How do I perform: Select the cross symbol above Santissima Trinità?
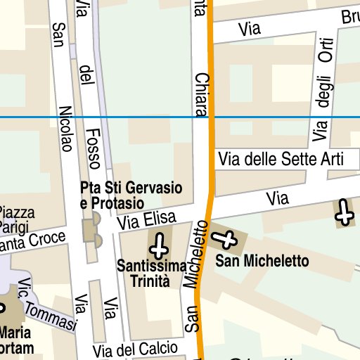160,245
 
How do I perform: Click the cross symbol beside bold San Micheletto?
227,240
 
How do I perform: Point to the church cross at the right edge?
344,211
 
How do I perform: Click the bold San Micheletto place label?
262,262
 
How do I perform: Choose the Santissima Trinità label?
153,273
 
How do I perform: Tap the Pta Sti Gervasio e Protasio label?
131,195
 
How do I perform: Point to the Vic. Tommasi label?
47,307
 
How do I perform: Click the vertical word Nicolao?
66,129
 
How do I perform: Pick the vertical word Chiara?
201,95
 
